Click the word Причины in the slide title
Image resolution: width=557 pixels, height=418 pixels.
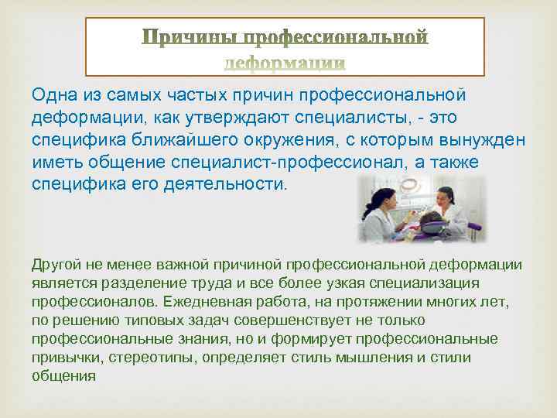click(190, 37)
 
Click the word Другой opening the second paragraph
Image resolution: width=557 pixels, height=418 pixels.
click(55, 264)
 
